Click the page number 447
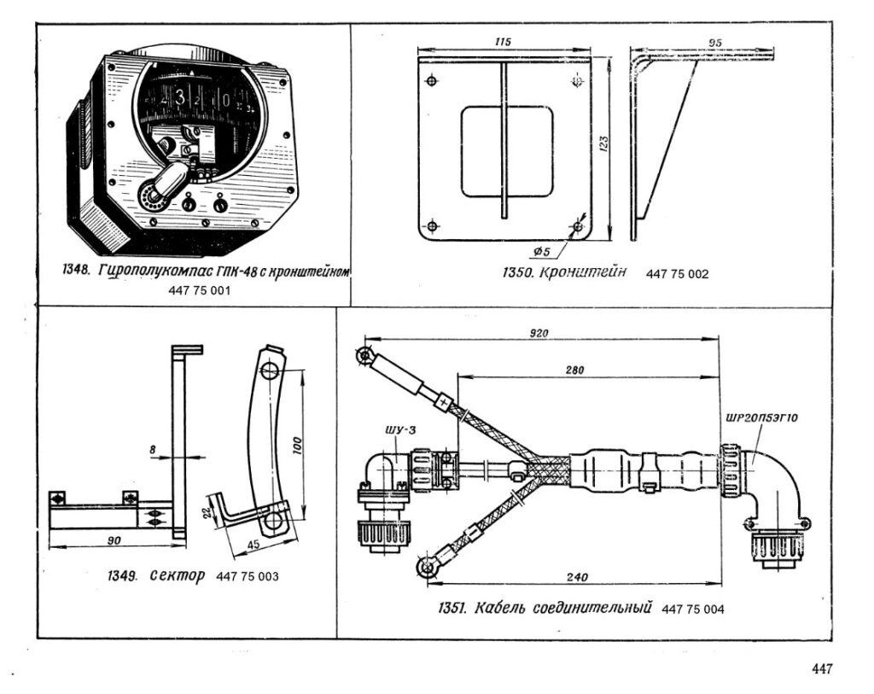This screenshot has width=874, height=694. pos(822,668)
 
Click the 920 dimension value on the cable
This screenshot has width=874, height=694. pos(539,333)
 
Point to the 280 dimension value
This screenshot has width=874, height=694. pos(574,370)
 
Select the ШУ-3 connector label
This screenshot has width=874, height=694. pos(396,430)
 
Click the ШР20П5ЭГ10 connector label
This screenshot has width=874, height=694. pos(761,417)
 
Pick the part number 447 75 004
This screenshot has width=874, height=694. pos(693,609)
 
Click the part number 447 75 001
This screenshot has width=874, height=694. pos(199,290)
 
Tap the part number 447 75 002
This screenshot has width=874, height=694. pos(677,274)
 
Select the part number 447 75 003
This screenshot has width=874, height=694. pos(247,576)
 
